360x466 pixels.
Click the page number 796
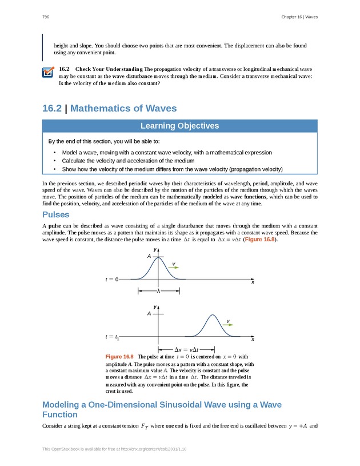[x=45, y=17]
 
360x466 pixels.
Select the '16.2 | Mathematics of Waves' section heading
[x=109, y=108]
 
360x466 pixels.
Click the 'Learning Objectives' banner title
[x=180, y=126]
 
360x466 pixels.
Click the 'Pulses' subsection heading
[x=56, y=215]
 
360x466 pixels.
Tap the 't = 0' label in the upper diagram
[x=111, y=280]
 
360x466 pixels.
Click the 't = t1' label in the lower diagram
[x=112, y=337]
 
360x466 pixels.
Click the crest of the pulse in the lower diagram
[x=213, y=315]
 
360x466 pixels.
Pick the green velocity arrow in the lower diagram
[x=228, y=324]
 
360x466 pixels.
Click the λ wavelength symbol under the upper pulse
[x=159, y=291]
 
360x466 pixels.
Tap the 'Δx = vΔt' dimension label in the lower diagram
[x=186, y=349]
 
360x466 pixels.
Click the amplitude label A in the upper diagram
[x=149, y=257]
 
